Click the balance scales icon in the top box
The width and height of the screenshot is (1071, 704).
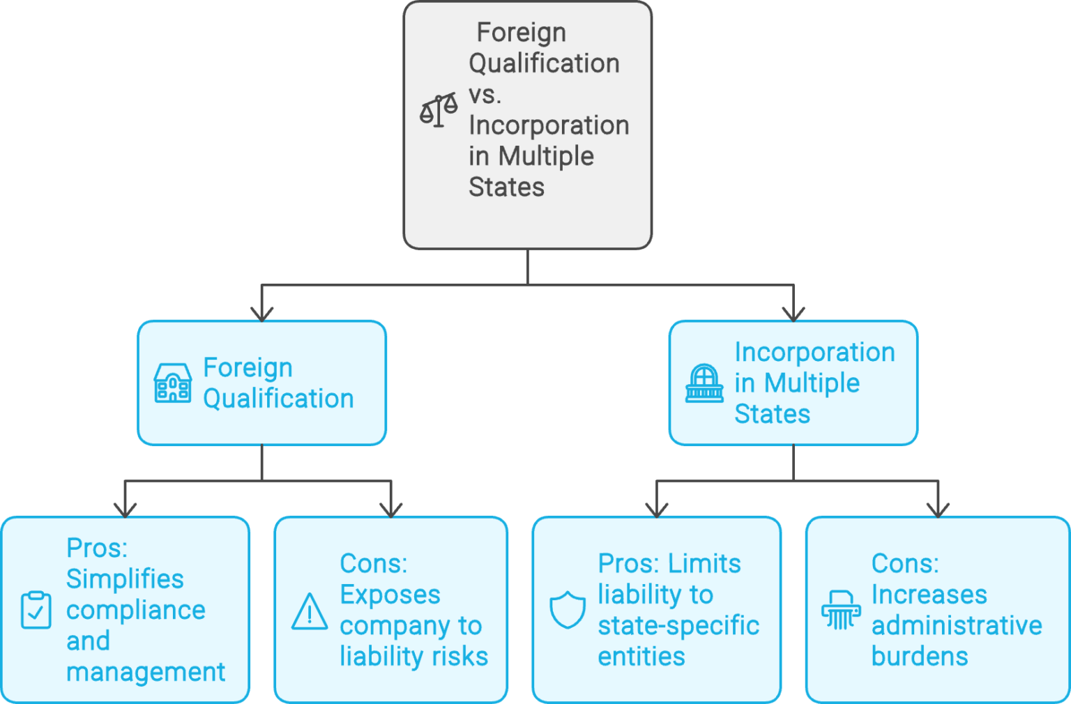pos(439,110)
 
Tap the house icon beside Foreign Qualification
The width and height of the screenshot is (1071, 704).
pos(172,383)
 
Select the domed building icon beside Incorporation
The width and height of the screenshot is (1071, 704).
pos(704,383)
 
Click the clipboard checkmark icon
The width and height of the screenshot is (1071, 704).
pos(36,610)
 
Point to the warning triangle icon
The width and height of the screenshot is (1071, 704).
pos(310,612)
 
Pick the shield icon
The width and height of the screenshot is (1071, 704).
pos(568,610)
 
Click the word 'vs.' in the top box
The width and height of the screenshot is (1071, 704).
pos(485,94)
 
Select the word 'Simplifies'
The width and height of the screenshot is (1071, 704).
pos(125,579)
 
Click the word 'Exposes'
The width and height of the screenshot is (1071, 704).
pos(390,595)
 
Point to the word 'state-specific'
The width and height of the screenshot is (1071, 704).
pos(678,625)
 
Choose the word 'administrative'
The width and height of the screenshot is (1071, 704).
pos(957,625)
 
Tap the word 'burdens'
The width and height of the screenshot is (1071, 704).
pos(920,656)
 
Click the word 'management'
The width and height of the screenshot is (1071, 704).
pos(146,672)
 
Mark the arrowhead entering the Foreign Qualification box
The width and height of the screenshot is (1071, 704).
pos(261,314)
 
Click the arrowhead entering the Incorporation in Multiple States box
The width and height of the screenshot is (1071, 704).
pos(793,314)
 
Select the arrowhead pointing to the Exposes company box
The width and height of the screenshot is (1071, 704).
pos(391,510)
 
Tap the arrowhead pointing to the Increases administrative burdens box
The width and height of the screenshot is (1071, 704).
pos(938,510)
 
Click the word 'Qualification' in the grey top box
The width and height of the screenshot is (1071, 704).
pos(544,63)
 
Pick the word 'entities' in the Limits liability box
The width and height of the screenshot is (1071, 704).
pos(641,656)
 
